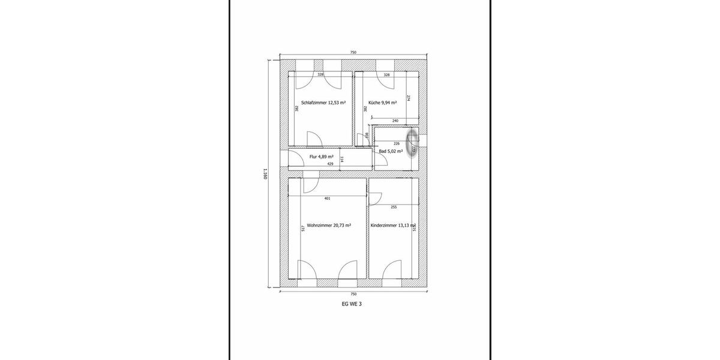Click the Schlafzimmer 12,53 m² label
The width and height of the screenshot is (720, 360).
click(323, 103)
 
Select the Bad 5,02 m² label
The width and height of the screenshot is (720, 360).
click(390, 152)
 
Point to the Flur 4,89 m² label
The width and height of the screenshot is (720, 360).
click(321, 157)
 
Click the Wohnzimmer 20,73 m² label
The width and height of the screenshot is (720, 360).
click(328, 226)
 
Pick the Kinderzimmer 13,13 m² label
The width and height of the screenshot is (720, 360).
click(393, 226)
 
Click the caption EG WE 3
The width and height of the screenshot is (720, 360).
click(352, 304)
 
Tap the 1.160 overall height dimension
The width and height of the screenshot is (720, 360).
click(265, 174)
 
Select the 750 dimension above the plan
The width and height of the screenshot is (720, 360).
click(353, 53)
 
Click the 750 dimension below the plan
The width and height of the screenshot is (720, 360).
click(353, 294)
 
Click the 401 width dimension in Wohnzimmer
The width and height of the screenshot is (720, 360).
click(327, 198)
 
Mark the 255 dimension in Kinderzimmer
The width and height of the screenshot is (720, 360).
click(394, 207)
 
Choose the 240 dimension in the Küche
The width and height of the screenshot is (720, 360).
click(395, 121)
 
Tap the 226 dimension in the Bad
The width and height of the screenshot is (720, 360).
click(396, 144)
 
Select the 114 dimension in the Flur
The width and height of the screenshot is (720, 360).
click(342, 160)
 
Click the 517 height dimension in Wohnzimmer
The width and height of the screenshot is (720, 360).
click(304, 229)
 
